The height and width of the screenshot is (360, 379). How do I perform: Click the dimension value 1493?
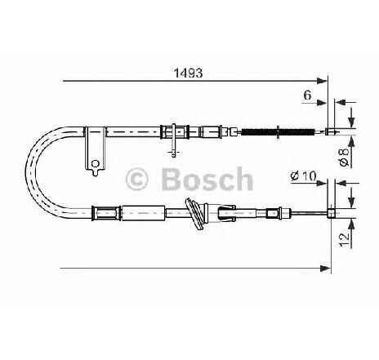point(188,73)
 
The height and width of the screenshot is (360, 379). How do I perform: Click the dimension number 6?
point(307,95)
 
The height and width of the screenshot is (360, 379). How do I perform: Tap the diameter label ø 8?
point(345,157)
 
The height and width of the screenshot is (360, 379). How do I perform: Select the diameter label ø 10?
point(303,176)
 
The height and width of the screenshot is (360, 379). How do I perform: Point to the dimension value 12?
point(345,239)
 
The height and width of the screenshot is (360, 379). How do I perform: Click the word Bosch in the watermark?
point(207,179)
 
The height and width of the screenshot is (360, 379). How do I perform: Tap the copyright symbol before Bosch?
point(136,179)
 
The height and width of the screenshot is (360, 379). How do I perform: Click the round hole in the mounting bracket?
point(96,164)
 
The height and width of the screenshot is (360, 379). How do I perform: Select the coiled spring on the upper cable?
point(278,132)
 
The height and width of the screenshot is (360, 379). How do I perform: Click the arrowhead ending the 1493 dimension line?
point(322,81)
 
